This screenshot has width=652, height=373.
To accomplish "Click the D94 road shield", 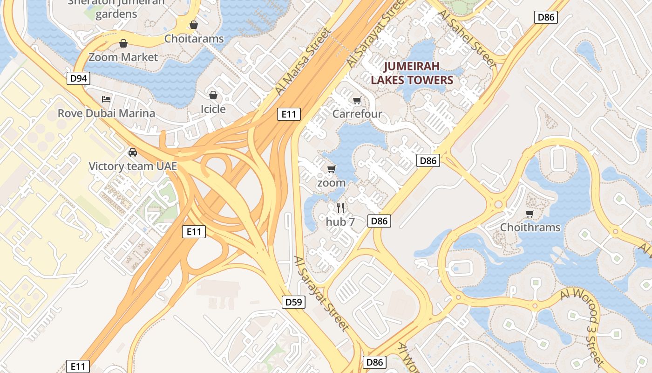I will [78, 78].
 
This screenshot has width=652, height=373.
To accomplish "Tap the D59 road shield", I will [294, 302].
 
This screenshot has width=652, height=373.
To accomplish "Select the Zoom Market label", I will [123, 57].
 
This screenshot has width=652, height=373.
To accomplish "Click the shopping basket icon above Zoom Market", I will [123, 44].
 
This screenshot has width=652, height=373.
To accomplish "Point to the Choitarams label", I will [194, 39].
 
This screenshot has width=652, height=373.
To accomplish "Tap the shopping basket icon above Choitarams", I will [193, 25].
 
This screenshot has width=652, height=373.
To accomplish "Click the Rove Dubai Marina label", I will [106, 113].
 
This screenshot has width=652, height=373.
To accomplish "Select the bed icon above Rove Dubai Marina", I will [106, 99].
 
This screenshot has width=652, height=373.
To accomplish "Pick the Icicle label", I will [213, 109].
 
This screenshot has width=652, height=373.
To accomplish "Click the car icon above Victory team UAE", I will [133, 152].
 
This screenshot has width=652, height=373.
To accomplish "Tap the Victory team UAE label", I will [133, 166].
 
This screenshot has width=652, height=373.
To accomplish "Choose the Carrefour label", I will [357, 114].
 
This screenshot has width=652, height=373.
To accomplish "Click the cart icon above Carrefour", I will [357, 100].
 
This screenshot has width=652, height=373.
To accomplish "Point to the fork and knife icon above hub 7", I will [340, 208].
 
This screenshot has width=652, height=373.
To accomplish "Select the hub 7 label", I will [340, 222].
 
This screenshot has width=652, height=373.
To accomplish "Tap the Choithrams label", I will [530, 228].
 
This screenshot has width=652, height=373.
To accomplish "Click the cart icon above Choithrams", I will [530, 214].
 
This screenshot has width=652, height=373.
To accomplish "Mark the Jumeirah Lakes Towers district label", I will [412, 73].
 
